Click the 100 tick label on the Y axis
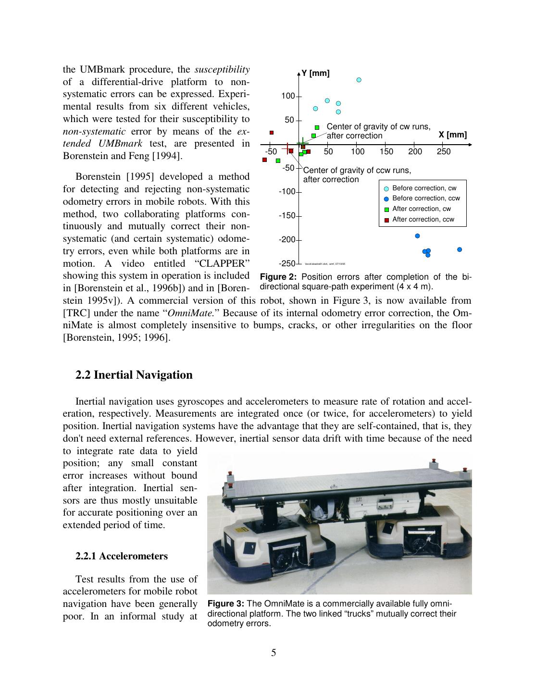(288, 96)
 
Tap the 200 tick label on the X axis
(415, 152)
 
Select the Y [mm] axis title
(315, 74)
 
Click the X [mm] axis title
(452, 135)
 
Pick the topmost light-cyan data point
(359, 80)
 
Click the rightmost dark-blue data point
(460, 249)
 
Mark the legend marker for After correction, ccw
(386, 220)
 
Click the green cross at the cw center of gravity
(302, 143)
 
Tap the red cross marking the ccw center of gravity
(288, 148)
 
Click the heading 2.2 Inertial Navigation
(134, 375)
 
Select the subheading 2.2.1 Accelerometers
(122, 556)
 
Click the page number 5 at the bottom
(274, 653)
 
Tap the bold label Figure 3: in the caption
(226, 604)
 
